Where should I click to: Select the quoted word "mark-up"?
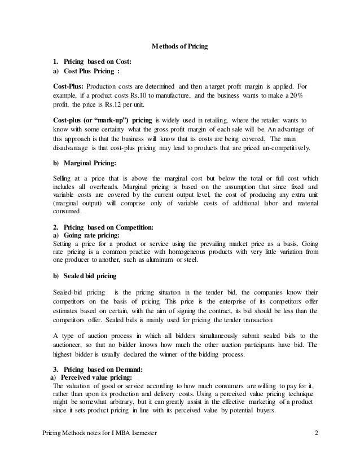pyautogui.click(x=107, y=121)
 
